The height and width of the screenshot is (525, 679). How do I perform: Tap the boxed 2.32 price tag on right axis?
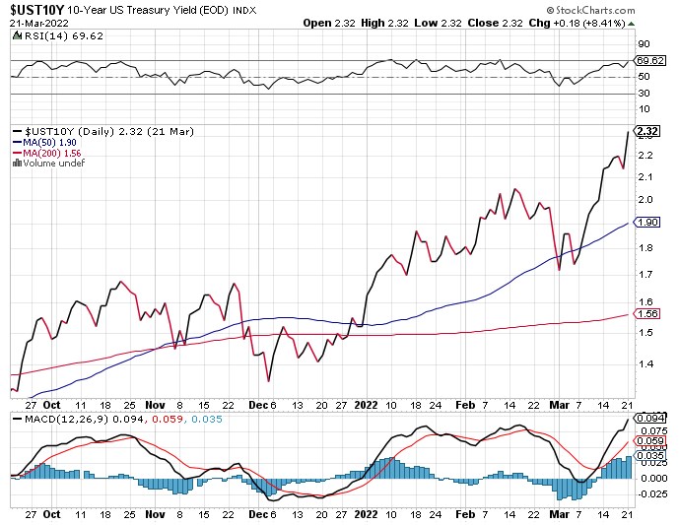pos(647,131)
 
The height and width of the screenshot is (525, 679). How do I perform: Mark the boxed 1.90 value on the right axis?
pos(647,223)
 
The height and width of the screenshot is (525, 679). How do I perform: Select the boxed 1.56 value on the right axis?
pos(647,314)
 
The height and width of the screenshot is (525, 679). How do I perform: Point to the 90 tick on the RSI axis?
pos(643,43)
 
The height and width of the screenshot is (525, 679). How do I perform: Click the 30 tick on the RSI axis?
pos(643,94)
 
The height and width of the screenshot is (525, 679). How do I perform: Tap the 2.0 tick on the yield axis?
pos(645,200)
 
